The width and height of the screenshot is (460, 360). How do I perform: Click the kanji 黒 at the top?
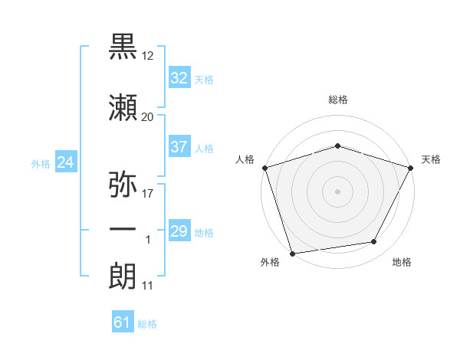click(123, 46)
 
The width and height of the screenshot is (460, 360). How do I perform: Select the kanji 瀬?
click(123, 107)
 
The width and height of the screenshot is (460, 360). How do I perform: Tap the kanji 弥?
click(123, 184)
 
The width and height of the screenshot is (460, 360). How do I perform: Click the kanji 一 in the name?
click(123, 229)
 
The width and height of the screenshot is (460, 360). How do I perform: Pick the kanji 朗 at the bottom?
click(123, 276)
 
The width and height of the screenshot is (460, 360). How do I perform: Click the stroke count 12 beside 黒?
click(147, 56)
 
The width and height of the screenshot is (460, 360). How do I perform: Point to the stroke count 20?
click(147, 117)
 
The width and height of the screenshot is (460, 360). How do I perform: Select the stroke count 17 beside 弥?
click(147, 194)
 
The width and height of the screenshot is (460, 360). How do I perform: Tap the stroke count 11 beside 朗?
click(147, 286)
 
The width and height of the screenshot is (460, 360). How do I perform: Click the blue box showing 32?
click(179, 77)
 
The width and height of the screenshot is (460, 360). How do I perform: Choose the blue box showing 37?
click(179, 146)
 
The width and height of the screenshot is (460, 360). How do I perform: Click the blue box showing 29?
click(179, 230)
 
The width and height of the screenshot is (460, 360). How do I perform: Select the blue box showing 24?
click(66, 162)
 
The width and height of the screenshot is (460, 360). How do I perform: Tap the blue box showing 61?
click(123, 321)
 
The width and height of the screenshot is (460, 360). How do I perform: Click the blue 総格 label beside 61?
click(147, 324)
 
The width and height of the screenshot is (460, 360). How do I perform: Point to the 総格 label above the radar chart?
click(338, 100)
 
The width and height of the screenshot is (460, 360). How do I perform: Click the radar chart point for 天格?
click(410, 168)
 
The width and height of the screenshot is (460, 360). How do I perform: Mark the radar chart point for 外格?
click(293, 254)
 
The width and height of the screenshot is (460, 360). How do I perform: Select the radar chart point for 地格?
click(374, 241)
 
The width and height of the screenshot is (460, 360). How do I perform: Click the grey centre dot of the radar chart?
click(337, 191)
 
